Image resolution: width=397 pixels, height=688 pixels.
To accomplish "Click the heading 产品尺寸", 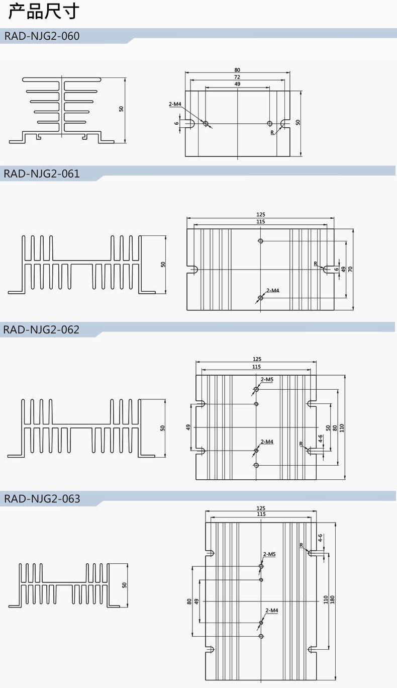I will pyautogui.click(x=44, y=12).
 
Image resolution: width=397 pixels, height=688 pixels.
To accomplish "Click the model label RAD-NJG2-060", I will pyautogui.click(x=42, y=36).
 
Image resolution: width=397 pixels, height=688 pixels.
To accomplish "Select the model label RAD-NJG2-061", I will pyautogui.click(x=42, y=174).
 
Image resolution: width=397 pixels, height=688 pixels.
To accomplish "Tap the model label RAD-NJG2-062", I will pyautogui.click(x=42, y=330).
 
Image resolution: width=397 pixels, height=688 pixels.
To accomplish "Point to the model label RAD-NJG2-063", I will pyautogui.click(x=42, y=499).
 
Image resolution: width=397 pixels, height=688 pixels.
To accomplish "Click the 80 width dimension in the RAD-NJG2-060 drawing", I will pyautogui.click(x=237, y=70).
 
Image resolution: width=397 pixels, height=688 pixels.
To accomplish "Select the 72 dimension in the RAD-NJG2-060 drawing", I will pyautogui.click(x=237, y=77).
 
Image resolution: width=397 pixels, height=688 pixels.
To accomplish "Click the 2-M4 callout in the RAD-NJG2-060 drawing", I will pyautogui.click(x=175, y=104).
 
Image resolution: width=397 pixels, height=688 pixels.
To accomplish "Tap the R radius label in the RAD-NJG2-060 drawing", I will pyautogui.click(x=272, y=132).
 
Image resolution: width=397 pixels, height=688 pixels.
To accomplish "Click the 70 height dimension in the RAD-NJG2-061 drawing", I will pyautogui.click(x=351, y=269).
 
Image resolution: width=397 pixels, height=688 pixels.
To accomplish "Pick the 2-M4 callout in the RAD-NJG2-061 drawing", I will pyautogui.click(x=273, y=291).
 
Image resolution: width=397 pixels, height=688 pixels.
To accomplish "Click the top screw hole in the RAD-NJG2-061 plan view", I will pyautogui.click(x=260, y=241).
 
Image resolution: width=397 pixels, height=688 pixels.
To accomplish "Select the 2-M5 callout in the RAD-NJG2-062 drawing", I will pyautogui.click(x=267, y=379).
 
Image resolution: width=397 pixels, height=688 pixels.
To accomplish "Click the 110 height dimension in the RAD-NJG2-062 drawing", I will pyautogui.click(x=342, y=427).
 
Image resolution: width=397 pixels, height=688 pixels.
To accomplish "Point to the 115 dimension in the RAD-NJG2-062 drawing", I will pyautogui.click(x=257, y=367).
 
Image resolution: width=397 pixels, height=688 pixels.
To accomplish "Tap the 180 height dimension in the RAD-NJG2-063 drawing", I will pyautogui.click(x=332, y=600).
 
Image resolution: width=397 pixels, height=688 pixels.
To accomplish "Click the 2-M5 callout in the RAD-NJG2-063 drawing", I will pyautogui.click(x=270, y=554).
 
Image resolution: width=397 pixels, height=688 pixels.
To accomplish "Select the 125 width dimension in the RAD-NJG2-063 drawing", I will pyautogui.click(x=261, y=508).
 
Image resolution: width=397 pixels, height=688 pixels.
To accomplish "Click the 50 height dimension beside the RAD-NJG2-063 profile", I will pyautogui.click(x=124, y=585).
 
